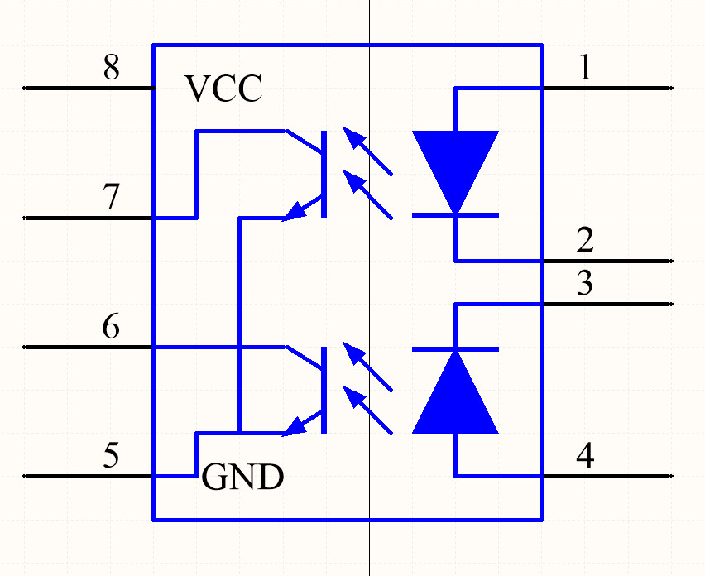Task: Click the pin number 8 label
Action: pos(111,68)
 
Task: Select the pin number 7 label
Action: pos(111,199)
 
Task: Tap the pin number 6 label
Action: pos(111,328)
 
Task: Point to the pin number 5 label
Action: pos(111,456)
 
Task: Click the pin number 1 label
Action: pos(585,68)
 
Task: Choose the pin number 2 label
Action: pos(585,242)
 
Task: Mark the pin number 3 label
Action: pos(585,285)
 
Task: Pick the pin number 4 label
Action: pos(585,456)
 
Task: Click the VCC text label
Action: pos(223,89)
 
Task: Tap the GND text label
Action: pos(242,478)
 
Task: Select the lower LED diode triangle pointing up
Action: pos(455,397)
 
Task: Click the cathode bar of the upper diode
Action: pos(455,215)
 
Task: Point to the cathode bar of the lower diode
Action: pos(455,349)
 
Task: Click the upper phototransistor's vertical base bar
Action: pos(324,174)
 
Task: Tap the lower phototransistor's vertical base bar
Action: pos(324,389)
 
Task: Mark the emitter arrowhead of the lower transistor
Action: pos(293,428)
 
